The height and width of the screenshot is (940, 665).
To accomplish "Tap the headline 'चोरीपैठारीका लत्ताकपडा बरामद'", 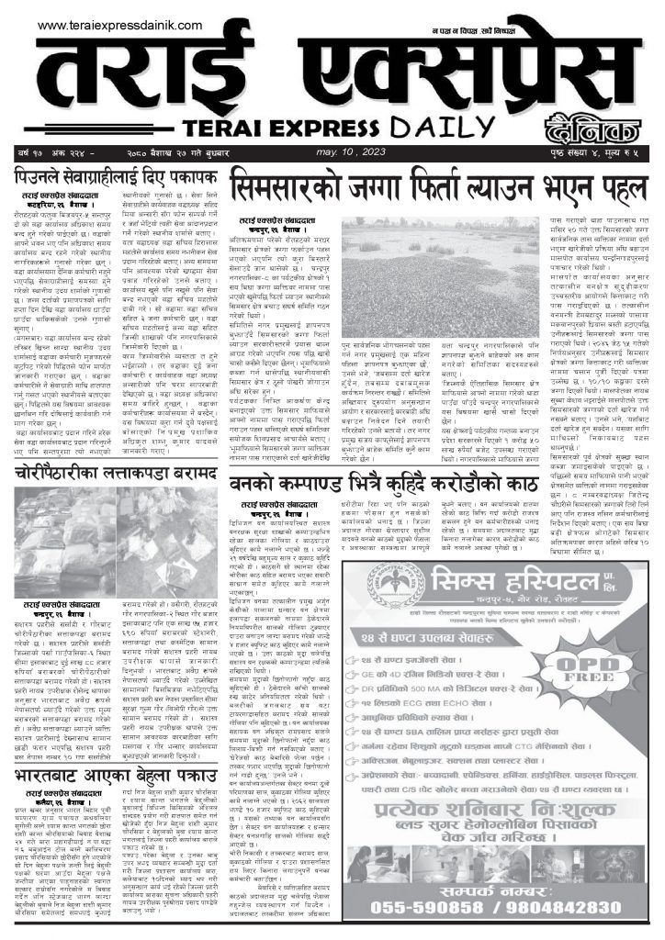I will pyautogui.click(x=115, y=474).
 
